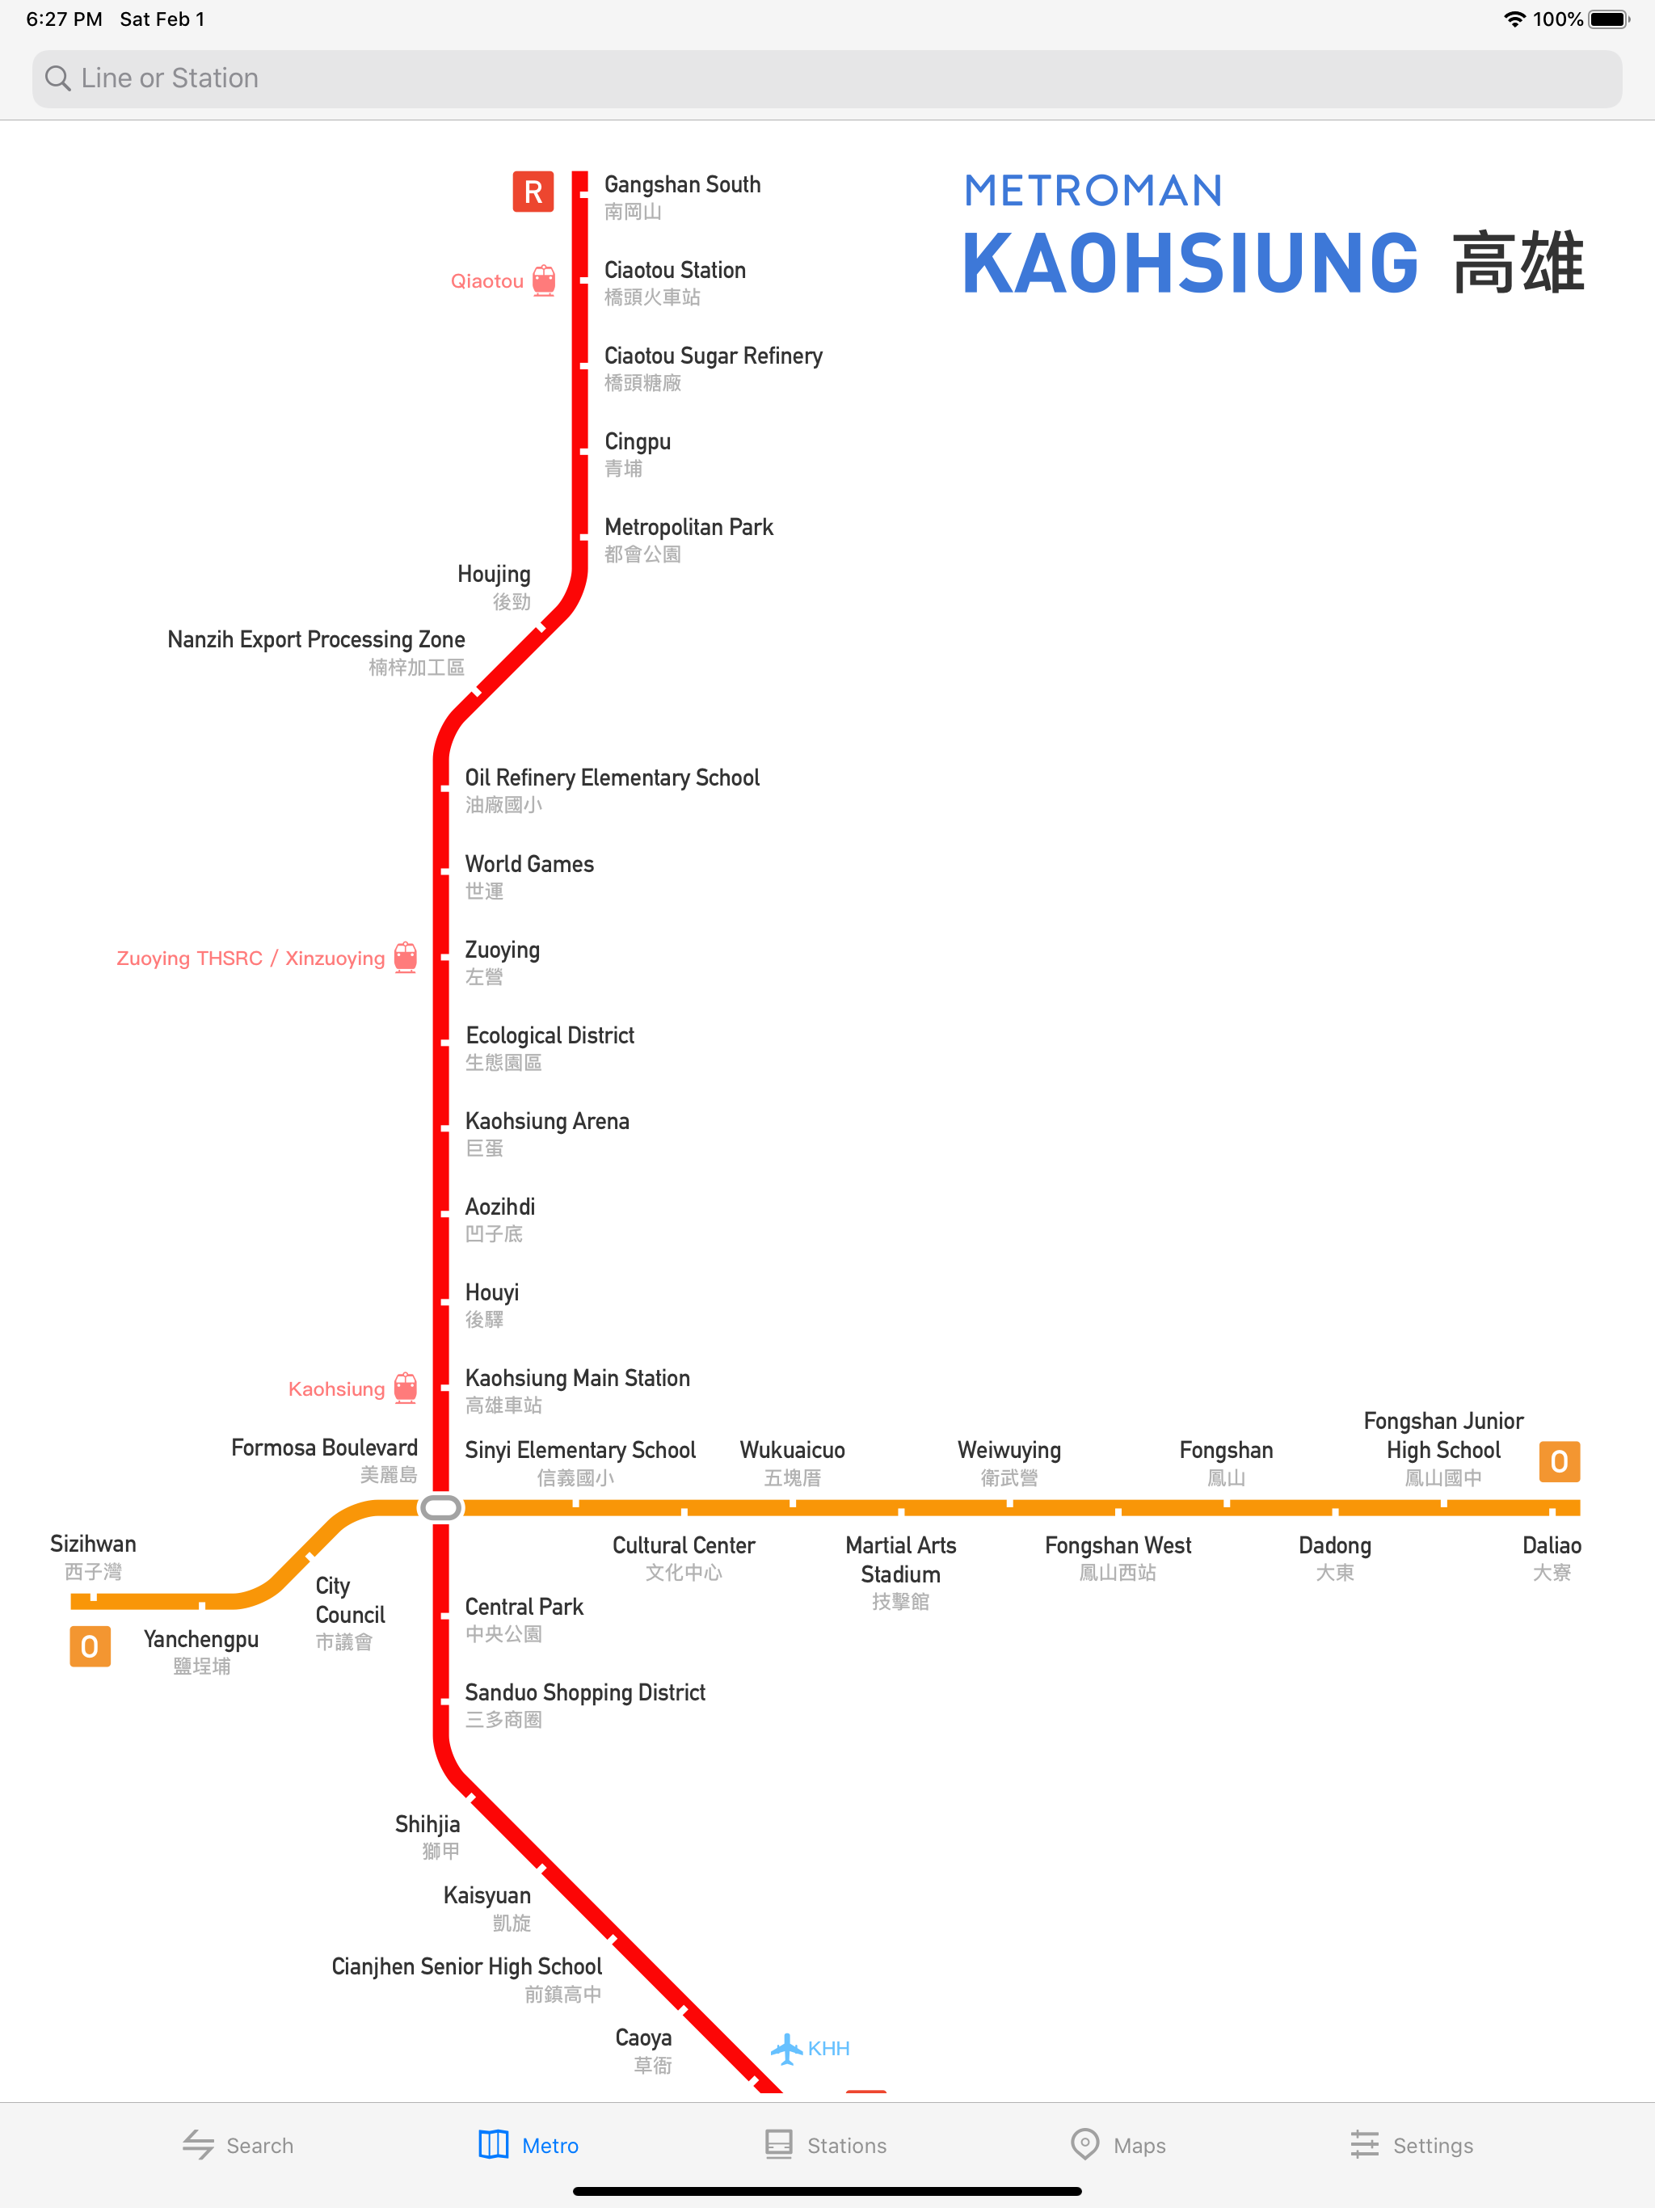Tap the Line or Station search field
click(x=827, y=79)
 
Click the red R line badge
click(x=533, y=192)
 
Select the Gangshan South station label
click(x=683, y=196)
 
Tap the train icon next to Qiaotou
click(x=544, y=280)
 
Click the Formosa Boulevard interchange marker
click(x=441, y=1507)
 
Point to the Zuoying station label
click(x=502, y=963)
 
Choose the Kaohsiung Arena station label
click(x=547, y=1134)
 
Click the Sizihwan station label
click(x=93, y=1556)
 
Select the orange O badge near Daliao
click(x=1559, y=1461)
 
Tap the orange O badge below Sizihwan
click(x=90, y=1646)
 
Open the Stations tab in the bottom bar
click(x=826, y=2145)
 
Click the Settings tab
click(x=1412, y=2145)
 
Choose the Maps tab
click(x=1118, y=2145)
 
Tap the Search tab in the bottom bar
click(x=238, y=2145)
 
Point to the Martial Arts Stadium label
click(x=900, y=1572)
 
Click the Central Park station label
click(x=524, y=1619)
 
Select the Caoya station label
click(x=644, y=2050)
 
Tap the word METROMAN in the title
click(x=1093, y=191)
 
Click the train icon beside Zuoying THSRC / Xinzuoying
click(x=406, y=957)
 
